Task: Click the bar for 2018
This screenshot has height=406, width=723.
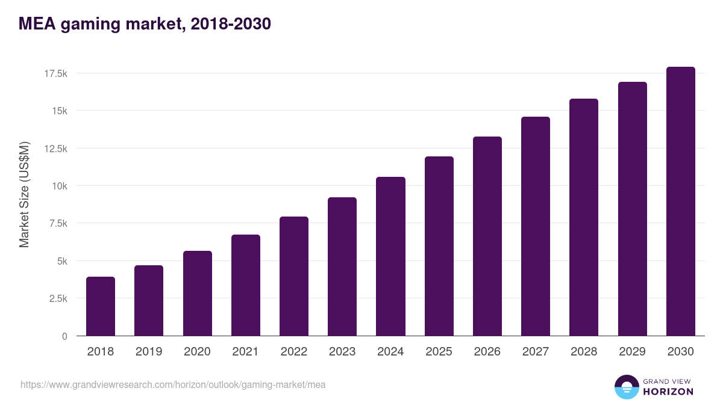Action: coord(101,306)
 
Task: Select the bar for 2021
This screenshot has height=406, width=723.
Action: coord(245,285)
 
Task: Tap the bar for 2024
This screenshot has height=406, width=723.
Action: coord(390,256)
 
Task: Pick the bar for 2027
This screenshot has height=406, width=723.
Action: coord(536,226)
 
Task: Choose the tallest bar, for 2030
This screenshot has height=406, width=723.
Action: coord(680,201)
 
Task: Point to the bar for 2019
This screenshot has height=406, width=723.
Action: coord(149,301)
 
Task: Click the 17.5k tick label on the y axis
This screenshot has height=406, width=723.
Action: coord(55,73)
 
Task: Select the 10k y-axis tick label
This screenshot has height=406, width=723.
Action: coord(59,186)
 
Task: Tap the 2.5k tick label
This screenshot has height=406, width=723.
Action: coord(58,298)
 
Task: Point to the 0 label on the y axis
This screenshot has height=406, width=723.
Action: coord(64,336)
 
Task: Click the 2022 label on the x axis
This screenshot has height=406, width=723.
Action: coord(293,352)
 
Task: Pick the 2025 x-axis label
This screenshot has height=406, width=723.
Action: coord(439,352)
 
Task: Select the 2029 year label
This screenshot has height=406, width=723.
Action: coord(632,352)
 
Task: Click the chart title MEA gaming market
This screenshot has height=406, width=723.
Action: coord(145,24)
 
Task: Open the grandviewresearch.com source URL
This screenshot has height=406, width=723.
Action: coord(173,384)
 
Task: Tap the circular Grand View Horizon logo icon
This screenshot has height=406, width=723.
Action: coord(627,387)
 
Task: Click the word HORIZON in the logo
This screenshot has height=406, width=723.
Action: coord(668,392)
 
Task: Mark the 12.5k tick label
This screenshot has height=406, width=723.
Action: coord(55,149)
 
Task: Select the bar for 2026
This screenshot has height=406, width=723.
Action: coord(487,236)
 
